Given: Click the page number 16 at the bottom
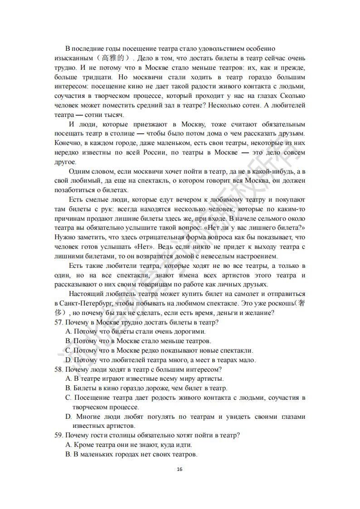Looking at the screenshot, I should [x=180, y=469].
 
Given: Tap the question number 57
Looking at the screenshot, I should [x=58, y=322].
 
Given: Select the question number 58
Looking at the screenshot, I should [x=58, y=369].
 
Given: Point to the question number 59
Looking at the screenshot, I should [x=58, y=435].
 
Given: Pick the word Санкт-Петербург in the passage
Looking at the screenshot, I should [x=81, y=303].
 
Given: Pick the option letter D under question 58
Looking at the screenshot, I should [x=68, y=417].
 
